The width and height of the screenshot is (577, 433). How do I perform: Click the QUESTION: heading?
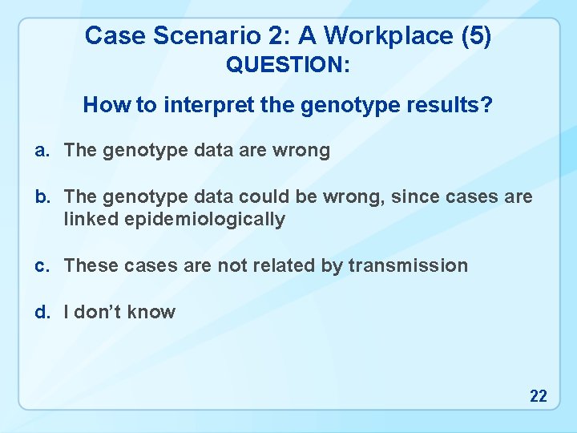pyautogui.click(x=288, y=65)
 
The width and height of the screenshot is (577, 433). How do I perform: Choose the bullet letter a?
pyautogui.click(x=40, y=151)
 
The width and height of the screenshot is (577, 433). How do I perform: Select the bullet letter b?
pyautogui.click(x=40, y=197)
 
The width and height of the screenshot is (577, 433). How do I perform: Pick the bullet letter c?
pyautogui.click(x=40, y=266)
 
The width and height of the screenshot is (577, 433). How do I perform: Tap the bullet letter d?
pyautogui.click(x=40, y=313)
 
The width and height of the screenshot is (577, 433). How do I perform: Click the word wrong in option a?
pyautogui.click(x=301, y=151)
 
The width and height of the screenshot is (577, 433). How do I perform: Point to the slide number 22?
pyautogui.click(x=538, y=395)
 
